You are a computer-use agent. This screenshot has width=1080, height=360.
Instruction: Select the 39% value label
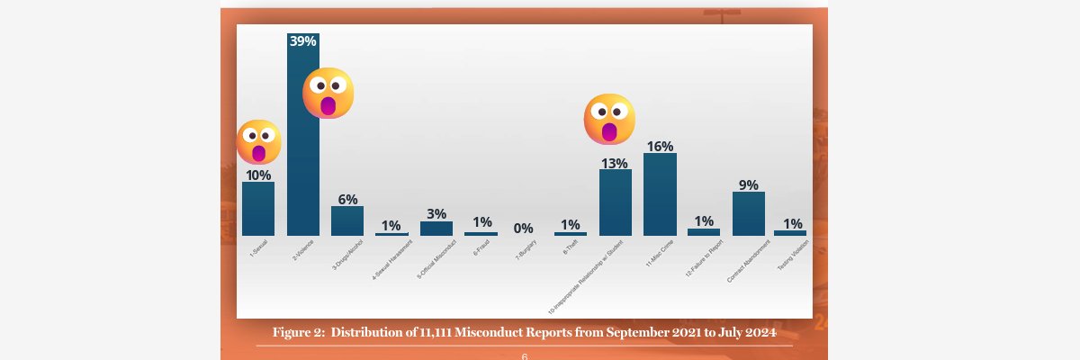(303, 40)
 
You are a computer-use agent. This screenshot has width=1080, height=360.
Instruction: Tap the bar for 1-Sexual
(258, 209)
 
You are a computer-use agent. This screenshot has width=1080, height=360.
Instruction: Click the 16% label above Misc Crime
(660, 146)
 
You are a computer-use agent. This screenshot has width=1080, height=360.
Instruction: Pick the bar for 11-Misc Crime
(660, 194)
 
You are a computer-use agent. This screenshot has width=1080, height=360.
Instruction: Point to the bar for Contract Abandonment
(748, 213)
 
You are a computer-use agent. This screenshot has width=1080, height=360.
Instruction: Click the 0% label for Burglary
(524, 229)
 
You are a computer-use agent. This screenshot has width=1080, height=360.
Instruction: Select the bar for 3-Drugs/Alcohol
(347, 220)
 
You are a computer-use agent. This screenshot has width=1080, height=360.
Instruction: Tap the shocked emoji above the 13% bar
(609, 119)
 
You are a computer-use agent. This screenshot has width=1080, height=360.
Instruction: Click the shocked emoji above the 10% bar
(258, 142)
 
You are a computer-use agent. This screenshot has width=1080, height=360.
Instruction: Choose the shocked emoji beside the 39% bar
(328, 94)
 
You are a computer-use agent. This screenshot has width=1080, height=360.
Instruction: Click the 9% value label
(748, 184)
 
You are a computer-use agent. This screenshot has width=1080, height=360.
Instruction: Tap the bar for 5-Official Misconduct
(436, 229)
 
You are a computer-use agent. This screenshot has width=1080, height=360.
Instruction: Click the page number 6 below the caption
(525, 356)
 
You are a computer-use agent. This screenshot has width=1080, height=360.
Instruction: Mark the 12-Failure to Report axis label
(704, 259)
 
